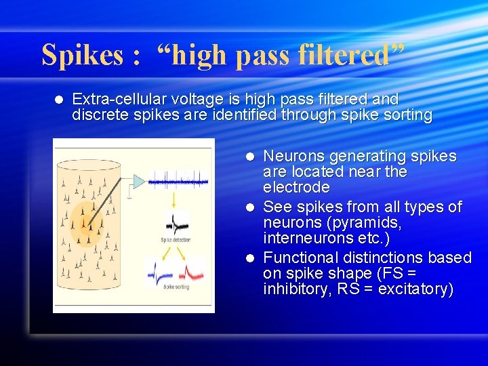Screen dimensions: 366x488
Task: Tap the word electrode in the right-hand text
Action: point(296,187)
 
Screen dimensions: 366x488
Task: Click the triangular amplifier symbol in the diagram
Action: point(138,181)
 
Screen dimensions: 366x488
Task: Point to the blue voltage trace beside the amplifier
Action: point(178,180)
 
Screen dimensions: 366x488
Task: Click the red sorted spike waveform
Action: point(192,270)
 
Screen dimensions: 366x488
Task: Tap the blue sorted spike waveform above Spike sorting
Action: point(160,271)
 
